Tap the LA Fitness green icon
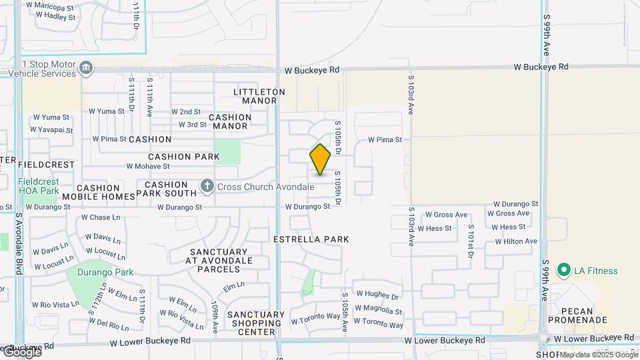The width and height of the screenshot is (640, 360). click(563, 271)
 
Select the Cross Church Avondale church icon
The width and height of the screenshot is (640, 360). click(207, 186)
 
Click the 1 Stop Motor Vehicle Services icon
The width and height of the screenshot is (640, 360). click(85, 68)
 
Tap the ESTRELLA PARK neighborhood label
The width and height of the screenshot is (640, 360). click(311, 239)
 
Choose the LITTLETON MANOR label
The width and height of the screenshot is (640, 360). click(259, 96)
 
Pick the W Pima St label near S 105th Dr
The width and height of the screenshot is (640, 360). click(385, 140)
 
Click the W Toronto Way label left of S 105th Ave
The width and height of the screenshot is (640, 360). click(315, 321)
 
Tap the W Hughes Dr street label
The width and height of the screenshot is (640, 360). click(377, 295)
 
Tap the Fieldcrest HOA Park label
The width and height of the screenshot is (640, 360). click(39, 186)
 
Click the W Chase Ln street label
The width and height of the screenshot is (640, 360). click(100, 217)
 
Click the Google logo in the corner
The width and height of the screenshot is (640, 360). click(21, 351)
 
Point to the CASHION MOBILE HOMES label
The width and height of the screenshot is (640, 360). click(99, 192)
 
